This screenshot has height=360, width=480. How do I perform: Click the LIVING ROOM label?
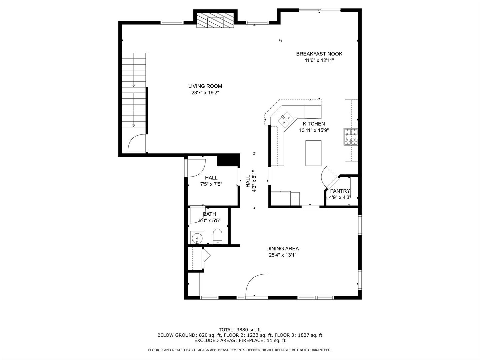pyautogui.click(x=205, y=86)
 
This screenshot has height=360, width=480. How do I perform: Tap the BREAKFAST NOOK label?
pyautogui.click(x=319, y=54)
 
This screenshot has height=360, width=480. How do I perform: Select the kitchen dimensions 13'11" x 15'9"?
pyautogui.click(x=314, y=130)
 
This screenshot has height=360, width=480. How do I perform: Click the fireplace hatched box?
pyautogui.click(x=215, y=21)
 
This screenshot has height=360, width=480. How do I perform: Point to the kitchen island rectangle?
pyautogui.click(x=313, y=153)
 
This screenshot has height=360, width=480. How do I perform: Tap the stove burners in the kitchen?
pyautogui.click(x=351, y=137)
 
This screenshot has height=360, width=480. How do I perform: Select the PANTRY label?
pyautogui.click(x=340, y=191)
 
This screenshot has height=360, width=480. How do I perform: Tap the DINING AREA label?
pyautogui.click(x=282, y=248)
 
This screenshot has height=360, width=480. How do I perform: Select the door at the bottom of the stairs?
pyautogui.click(x=137, y=143)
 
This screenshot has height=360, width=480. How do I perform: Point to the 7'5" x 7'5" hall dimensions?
pyautogui.click(x=211, y=184)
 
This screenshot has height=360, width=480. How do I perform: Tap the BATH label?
pyautogui.click(x=209, y=214)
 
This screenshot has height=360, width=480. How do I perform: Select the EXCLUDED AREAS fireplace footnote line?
pyautogui.click(x=240, y=340)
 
